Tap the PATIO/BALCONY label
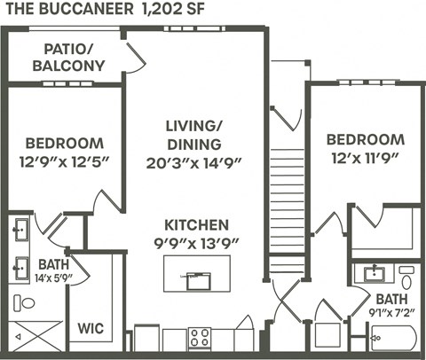click(x=68, y=57)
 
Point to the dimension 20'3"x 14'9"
click(x=194, y=162)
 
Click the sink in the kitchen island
click(x=197, y=281)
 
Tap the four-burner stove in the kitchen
click(x=199, y=339)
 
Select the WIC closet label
click(x=91, y=328)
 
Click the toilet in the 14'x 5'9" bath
click(x=26, y=302)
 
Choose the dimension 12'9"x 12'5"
click(x=64, y=162)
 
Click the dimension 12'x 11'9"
click(x=365, y=159)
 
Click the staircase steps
click(x=287, y=204)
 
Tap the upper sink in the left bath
click(x=20, y=230)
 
